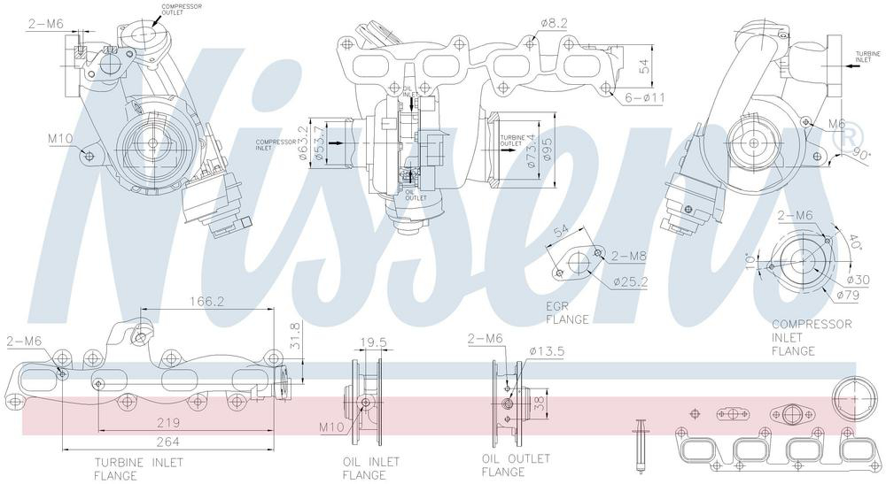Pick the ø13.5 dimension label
(x=547, y=350)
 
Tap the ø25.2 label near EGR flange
(x=631, y=282)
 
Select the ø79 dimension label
(x=848, y=294)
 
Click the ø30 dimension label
(x=858, y=280)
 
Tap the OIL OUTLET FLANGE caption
(x=516, y=465)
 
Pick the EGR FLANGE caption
(x=567, y=312)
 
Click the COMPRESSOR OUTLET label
(x=181, y=10)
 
